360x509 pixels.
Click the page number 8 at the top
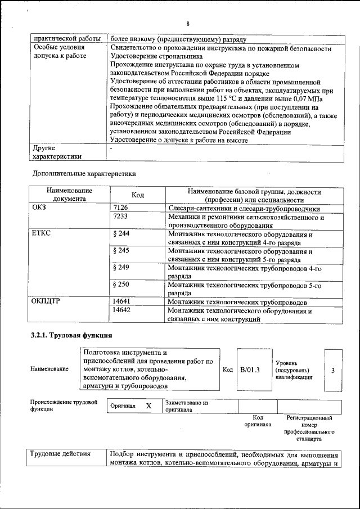pyautogui.click(x=188, y=24)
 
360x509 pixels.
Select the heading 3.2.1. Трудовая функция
pyautogui.click(x=67, y=336)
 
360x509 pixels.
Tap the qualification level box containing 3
pyautogui.click(x=333, y=370)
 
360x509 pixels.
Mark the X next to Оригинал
pyautogui.click(x=148, y=406)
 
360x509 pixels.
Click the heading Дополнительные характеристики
pyautogui.click(x=84, y=173)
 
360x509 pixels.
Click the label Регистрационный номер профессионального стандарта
pyautogui.click(x=309, y=428)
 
